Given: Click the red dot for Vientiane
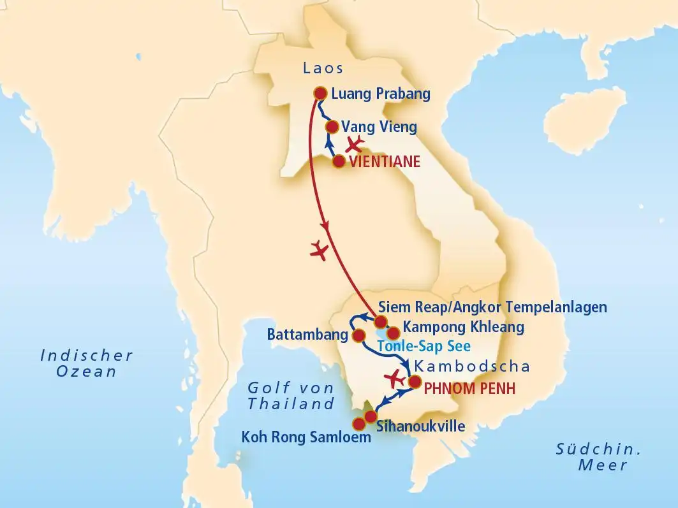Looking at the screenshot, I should (339, 161).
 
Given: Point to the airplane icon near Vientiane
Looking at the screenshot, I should (354, 143).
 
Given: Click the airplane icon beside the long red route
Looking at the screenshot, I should (318, 250).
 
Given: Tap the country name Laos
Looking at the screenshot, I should (323, 69).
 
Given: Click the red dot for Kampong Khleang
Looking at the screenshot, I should (394, 333).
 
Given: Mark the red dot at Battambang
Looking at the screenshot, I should (358, 335).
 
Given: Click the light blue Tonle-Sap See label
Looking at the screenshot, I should (424, 347).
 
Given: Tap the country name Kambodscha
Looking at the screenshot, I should (472, 366).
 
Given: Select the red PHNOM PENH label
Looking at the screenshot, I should (469, 388).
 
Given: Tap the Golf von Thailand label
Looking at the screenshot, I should (291, 395).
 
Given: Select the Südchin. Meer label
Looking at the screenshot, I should (598, 457).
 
